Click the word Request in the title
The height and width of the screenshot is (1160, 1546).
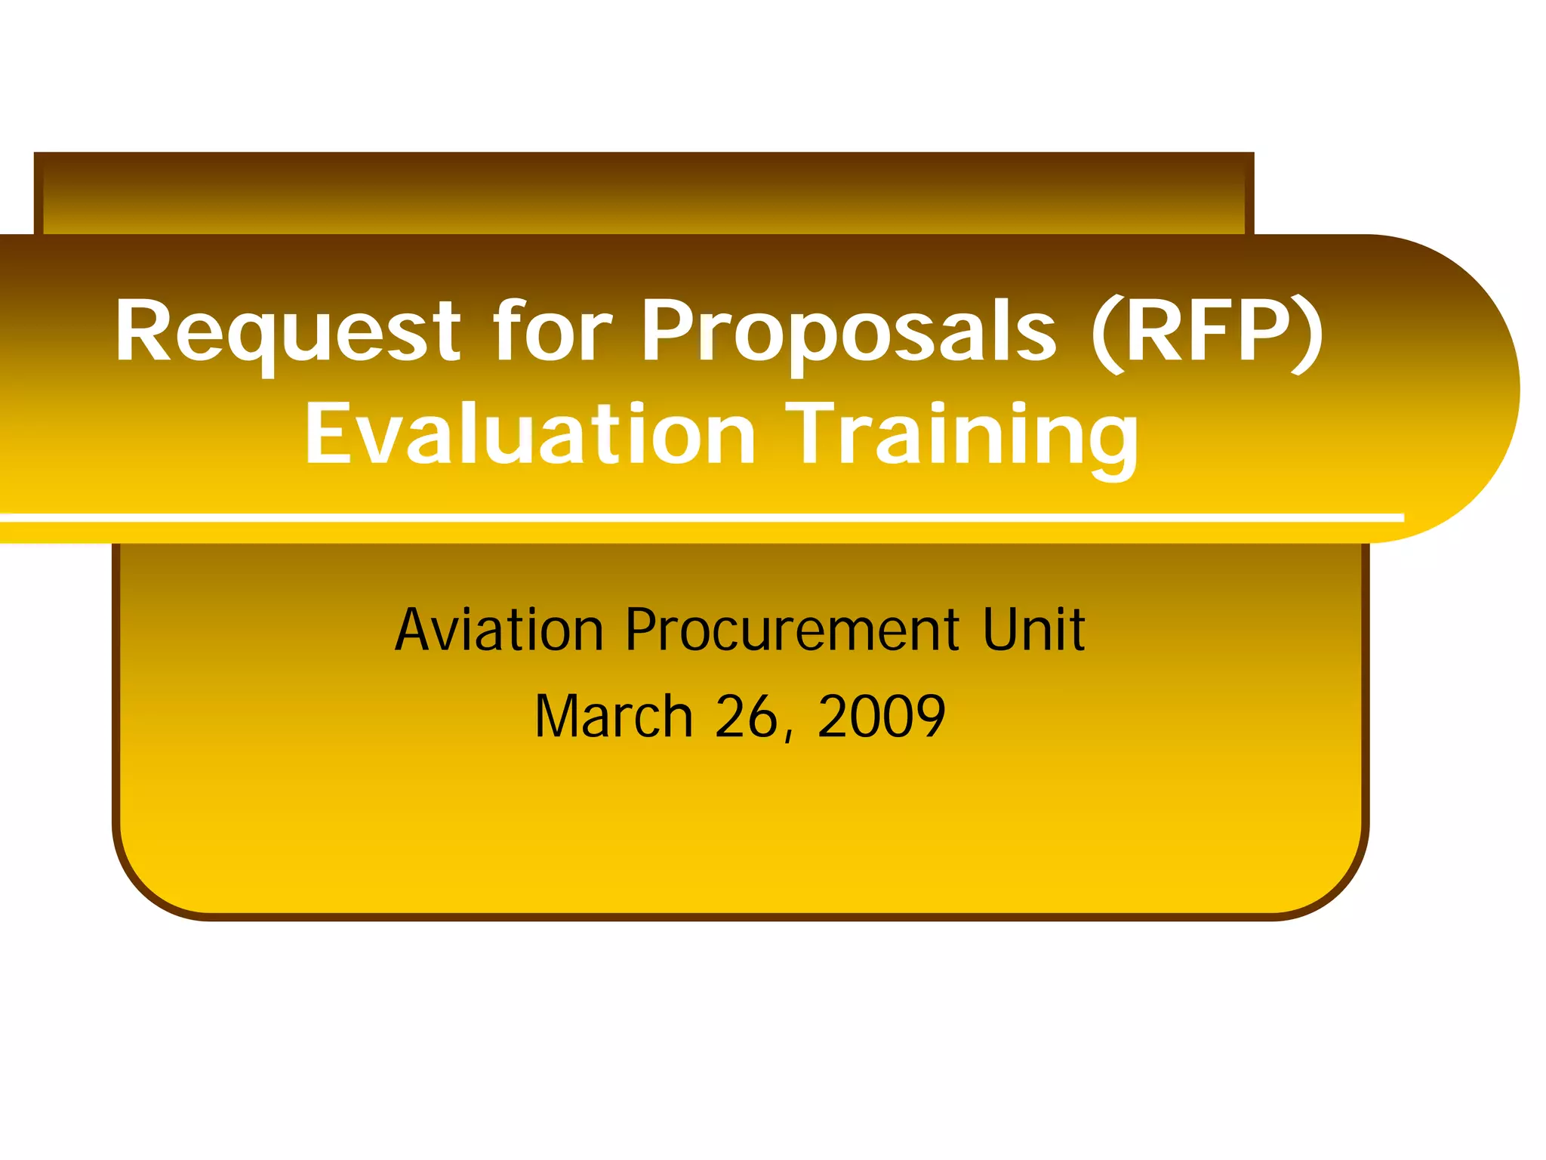pos(287,332)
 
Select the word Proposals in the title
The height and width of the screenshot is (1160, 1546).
pos(848,332)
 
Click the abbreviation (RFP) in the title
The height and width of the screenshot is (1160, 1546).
pos(1206,332)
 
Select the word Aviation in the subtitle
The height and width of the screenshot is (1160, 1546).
pos(499,630)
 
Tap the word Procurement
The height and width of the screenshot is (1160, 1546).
pos(793,630)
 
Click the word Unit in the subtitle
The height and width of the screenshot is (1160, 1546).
pos(1033,630)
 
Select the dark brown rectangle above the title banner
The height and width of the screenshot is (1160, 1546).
pos(642,193)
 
